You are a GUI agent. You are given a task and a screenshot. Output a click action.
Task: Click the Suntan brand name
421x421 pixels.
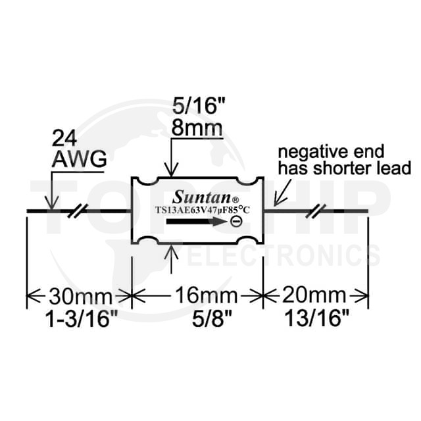(202, 197)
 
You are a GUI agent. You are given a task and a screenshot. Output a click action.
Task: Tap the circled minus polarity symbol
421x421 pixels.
(236, 222)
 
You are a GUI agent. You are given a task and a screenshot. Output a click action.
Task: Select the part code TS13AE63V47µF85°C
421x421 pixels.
(203, 210)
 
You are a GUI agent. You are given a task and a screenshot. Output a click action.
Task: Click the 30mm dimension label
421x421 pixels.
(80, 296)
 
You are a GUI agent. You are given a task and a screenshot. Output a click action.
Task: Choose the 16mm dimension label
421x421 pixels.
(206, 295)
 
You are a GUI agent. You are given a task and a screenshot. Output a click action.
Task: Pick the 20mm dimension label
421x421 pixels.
(314, 295)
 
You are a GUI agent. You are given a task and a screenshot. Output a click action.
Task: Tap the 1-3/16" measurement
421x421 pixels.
(82, 319)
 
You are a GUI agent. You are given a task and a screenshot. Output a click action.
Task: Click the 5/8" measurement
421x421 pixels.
(212, 319)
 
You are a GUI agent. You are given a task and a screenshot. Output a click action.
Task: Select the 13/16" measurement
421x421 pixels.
(316, 318)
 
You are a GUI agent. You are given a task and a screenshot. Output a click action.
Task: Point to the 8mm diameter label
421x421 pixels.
(197, 128)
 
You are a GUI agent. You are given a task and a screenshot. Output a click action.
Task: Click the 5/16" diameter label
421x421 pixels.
(198, 106)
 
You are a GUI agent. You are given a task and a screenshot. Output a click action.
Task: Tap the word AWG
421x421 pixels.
(79, 159)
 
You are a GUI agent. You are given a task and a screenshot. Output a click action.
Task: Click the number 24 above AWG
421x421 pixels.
(64, 139)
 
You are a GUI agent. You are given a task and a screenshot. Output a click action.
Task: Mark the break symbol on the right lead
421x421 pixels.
(316, 210)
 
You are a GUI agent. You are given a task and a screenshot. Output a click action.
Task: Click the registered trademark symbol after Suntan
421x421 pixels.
(235, 200)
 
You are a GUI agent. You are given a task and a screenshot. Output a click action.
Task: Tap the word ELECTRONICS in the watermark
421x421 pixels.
(285, 256)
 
